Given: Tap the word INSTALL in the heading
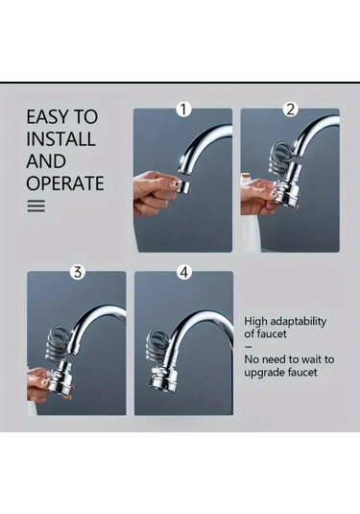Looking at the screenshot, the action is [60, 139].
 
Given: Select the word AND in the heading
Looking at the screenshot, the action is [46, 161].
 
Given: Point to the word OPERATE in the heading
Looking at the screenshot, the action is [65, 183].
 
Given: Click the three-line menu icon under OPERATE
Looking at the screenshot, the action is [36, 207].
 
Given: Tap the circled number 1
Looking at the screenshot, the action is [183, 110].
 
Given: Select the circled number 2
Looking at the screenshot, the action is [291, 110].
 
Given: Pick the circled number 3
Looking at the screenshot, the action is [78, 272].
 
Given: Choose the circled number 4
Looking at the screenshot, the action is [184, 272].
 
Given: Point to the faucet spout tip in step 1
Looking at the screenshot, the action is [184, 169].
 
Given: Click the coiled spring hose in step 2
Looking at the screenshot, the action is [280, 158].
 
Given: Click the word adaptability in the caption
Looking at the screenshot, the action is [294, 322].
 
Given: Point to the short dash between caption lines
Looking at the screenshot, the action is [249, 347].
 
